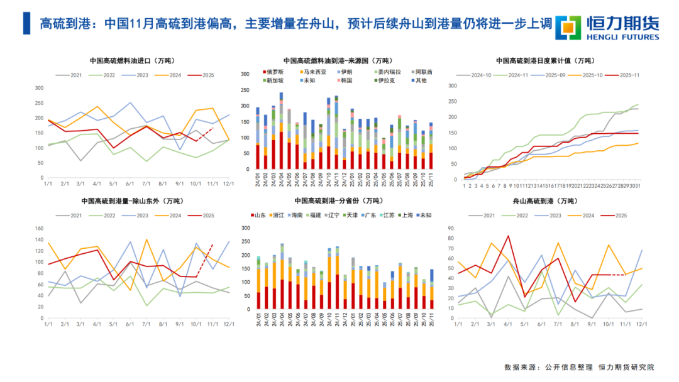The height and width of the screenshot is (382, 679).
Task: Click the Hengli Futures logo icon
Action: [570, 27]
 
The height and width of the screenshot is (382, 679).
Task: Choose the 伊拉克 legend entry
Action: [390, 80]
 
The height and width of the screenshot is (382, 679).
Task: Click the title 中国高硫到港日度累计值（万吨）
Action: [544, 61]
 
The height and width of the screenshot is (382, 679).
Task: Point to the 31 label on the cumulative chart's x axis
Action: [639, 186]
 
